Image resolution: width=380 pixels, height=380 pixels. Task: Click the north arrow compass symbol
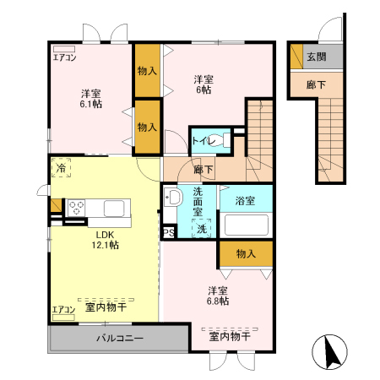(x=331, y=353)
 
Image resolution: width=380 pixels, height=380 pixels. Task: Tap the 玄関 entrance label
(x=315, y=57)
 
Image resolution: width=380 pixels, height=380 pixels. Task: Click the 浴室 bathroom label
(x=245, y=200)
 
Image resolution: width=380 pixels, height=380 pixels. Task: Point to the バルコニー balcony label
(x=118, y=339)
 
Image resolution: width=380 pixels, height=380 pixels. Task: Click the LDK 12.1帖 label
(x=106, y=240)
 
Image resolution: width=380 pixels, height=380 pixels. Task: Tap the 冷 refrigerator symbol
(x=61, y=169)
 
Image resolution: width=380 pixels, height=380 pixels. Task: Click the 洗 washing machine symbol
(x=202, y=229)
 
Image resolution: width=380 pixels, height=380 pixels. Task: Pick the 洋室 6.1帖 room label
(x=91, y=98)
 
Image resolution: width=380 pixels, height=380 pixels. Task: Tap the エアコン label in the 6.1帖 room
(x=64, y=58)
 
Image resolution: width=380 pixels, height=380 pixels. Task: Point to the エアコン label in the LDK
(x=64, y=310)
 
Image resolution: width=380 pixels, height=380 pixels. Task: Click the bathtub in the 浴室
(x=245, y=225)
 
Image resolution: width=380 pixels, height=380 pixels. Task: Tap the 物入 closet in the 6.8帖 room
(x=246, y=253)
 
